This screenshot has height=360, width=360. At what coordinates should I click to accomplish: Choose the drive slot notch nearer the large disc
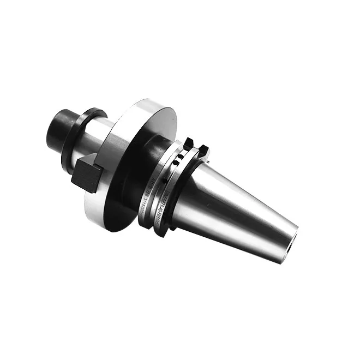pyautogui.click(x=188, y=143)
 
